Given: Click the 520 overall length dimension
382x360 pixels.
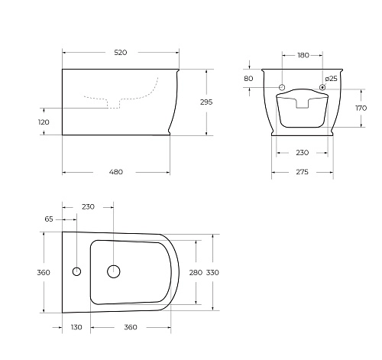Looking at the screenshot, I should coord(120,53).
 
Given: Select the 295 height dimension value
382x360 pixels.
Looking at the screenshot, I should coord(206,102).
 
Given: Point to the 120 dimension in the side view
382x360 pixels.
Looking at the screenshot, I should coord(44,122).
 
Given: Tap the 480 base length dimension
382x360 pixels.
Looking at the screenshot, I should coord(115,172).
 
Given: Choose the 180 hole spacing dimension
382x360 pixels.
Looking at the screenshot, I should coord(303,55).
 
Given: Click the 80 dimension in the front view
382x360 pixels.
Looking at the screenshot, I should coord(248,79).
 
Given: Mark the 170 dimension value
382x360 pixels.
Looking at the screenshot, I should coord(361,109).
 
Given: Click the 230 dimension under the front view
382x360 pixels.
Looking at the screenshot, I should coord(302,153).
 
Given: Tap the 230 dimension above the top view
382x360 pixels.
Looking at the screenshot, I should coord(88,206).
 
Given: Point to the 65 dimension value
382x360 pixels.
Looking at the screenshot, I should coord(50,219).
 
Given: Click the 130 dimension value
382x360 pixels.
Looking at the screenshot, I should coord(76,327).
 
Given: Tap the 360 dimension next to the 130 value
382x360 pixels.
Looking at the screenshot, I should coord(130,327).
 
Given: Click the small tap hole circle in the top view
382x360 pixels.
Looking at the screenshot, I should coord(76,271).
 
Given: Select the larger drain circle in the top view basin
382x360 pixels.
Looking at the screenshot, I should coord(114,271).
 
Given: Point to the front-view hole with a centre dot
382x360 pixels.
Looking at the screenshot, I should coord(322,86).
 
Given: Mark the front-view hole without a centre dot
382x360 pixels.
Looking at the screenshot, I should coord(282,86).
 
